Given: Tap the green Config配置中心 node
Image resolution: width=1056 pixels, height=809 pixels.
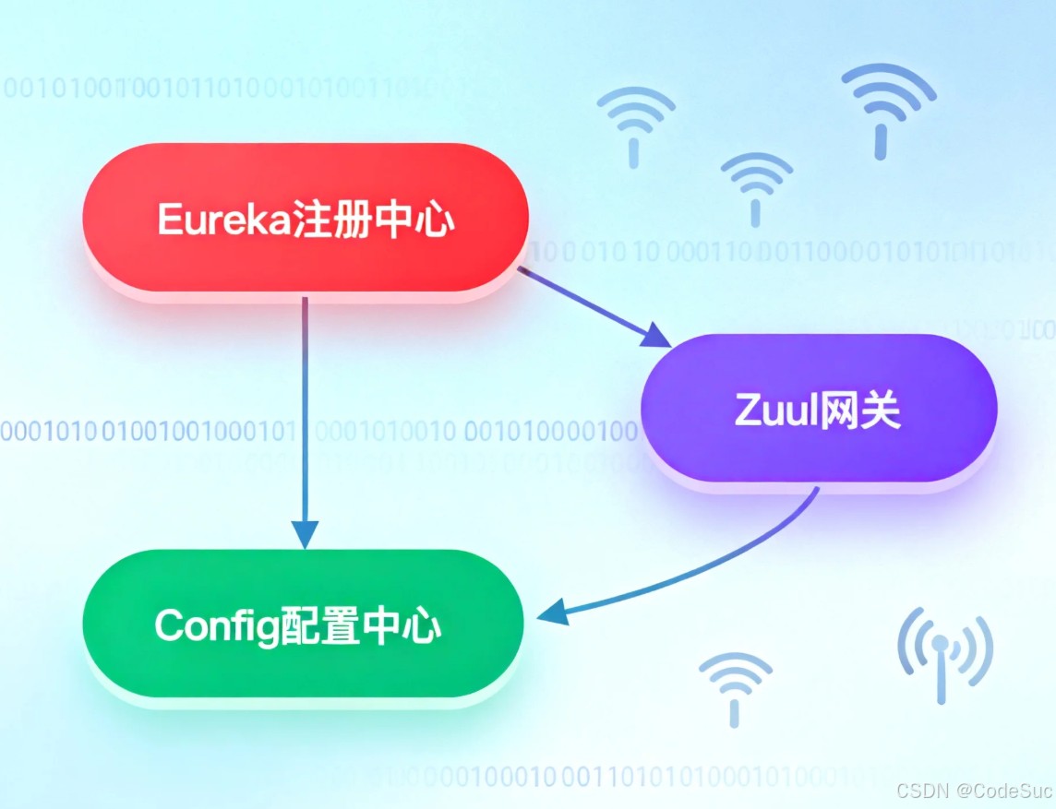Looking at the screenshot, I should click(x=303, y=625).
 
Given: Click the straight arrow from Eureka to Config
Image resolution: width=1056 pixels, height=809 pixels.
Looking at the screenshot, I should click(x=305, y=415).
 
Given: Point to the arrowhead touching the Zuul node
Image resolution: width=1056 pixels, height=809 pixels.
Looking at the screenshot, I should click(x=657, y=335).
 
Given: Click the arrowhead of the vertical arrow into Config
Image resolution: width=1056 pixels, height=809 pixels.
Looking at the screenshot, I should click(x=305, y=534).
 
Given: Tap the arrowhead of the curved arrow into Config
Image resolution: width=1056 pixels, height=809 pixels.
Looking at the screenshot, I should click(x=552, y=612).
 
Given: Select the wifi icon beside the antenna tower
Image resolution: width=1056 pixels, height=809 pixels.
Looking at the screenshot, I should click(x=735, y=687).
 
